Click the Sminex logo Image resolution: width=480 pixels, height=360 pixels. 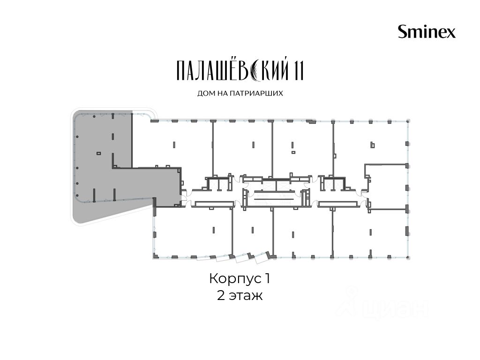click(x=427, y=31)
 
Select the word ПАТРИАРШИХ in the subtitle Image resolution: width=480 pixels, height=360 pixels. click(x=253, y=93)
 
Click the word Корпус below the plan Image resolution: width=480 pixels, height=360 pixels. click(x=235, y=279)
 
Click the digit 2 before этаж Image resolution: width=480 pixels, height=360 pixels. click(x=221, y=296)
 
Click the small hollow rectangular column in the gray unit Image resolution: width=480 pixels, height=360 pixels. click(x=98, y=153)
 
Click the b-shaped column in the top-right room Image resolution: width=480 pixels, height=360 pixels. click(x=372, y=145)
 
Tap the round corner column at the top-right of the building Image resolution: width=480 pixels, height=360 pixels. click(x=408, y=121)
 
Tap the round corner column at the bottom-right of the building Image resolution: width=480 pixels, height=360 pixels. click(x=408, y=258)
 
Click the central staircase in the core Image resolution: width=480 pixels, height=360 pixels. click(x=271, y=197)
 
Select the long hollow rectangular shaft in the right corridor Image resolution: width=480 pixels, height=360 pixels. click(x=337, y=204)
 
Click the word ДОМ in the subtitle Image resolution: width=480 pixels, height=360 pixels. click(x=204, y=93)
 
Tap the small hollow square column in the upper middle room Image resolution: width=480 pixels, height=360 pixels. click(x=293, y=152)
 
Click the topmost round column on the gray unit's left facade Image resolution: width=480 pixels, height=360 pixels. click(x=77, y=136)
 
